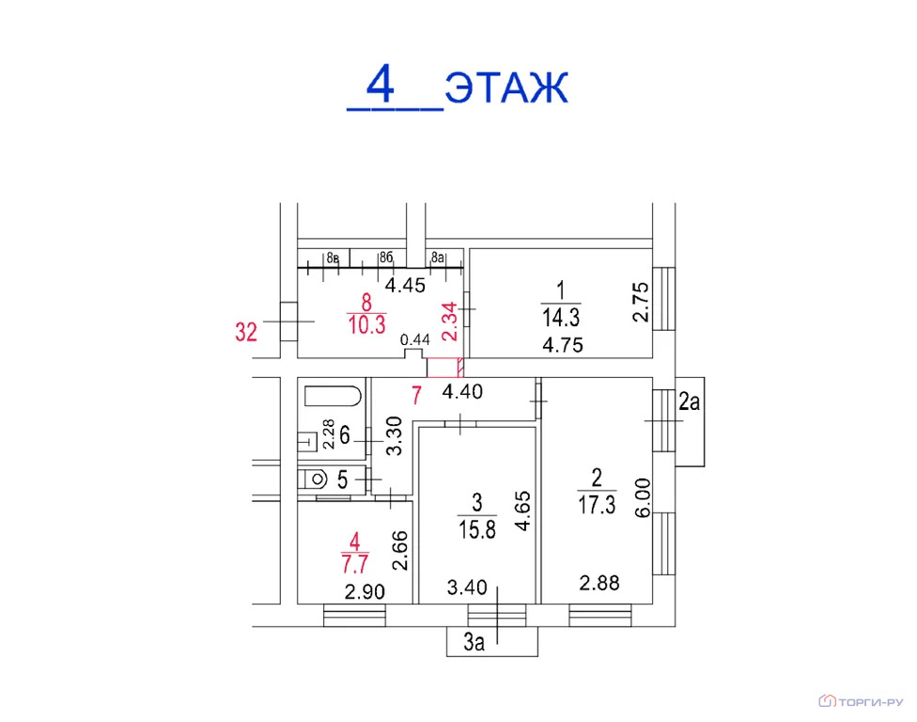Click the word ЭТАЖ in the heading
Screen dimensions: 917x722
click(506, 88)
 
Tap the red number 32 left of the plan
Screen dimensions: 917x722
click(246, 332)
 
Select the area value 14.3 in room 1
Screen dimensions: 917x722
click(561, 318)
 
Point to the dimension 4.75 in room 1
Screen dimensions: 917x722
click(563, 345)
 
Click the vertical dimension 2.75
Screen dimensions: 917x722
click(641, 302)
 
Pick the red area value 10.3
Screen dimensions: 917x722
click(366, 324)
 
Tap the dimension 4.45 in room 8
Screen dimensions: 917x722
click(405, 286)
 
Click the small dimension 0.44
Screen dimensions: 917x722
click(414, 339)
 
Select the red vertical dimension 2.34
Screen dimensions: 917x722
click(449, 322)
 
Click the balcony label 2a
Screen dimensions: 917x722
click(690, 402)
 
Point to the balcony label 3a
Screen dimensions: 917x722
click(474, 642)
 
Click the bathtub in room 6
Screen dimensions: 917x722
click(333, 396)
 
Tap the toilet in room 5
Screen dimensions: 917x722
click(312, 479)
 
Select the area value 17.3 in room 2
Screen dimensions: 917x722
click(597, 504)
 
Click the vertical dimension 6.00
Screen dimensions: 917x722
click(642, 498)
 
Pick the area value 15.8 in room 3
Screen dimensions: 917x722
click(477, 530)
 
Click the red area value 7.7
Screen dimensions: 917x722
click(355, 565)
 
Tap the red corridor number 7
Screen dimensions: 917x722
click(416, 396)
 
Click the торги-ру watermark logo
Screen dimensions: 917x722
click(861, 701)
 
